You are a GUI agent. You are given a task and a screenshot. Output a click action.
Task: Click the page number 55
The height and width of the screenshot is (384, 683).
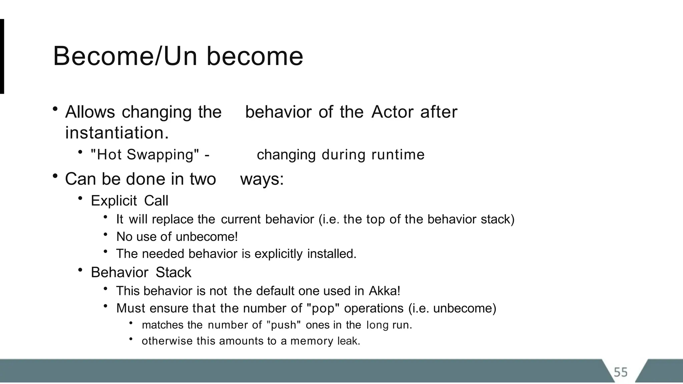(x=621, y=372)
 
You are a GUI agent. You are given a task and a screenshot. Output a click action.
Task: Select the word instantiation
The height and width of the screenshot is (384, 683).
(x=117, y=133)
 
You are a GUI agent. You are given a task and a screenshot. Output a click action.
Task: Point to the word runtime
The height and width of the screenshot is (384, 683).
(x=398, y=155)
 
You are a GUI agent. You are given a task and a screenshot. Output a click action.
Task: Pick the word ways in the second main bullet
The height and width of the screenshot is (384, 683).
(x=262, y=179)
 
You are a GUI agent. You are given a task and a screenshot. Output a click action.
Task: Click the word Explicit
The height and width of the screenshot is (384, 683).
(x=114, y=201)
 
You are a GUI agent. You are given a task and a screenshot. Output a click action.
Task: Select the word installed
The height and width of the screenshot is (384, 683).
(x=331, y=254)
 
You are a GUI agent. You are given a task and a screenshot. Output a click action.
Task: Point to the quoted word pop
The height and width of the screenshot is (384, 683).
(x=323, y=308)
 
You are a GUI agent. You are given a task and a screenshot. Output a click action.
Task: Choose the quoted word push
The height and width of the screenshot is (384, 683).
(x=284, y=325)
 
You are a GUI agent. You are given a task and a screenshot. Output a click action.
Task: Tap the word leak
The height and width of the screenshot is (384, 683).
(x=349, y=341)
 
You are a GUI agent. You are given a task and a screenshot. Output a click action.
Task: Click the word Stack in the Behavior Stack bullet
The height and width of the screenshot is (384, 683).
(x=173, y=273)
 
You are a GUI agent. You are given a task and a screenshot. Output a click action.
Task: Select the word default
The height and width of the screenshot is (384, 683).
(x=264, y=291)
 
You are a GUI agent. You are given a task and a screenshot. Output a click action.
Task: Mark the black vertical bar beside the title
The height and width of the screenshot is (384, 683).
(x=2, y=56)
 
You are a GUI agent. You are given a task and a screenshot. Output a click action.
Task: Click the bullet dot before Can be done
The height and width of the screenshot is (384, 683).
(x=55, y=176)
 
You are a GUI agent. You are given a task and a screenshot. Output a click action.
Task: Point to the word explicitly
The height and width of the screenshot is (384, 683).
(x=278, y=254)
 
